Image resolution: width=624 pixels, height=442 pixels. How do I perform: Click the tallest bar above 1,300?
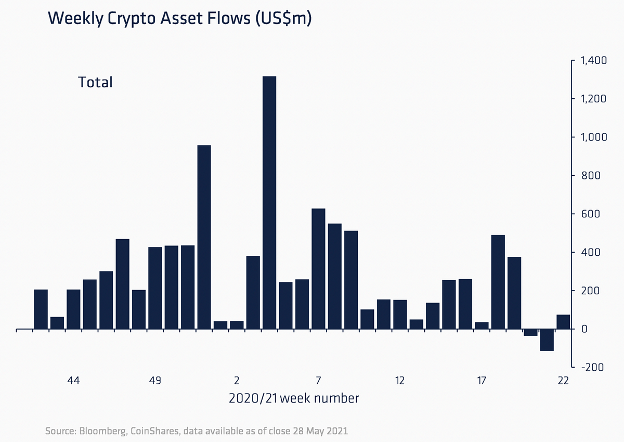pos(269,203)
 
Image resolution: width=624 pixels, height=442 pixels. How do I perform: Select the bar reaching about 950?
pos(204,237)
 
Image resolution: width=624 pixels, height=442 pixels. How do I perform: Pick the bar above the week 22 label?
pos(563,322)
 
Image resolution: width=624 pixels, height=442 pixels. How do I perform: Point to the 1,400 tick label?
pos(592,61)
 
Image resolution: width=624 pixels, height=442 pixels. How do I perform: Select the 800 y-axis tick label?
pos(591,176)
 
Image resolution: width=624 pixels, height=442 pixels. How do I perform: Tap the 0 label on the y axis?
pos(584,329)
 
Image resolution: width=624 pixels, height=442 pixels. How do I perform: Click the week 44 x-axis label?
pos(73,381)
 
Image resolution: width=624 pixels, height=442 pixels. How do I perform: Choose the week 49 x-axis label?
pos(155,381)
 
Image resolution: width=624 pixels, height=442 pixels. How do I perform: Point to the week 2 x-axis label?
pos(237,381)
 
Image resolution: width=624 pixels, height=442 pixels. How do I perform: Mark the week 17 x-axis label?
pos(482,381)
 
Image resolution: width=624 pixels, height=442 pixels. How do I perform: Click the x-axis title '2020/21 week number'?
pos(294,399)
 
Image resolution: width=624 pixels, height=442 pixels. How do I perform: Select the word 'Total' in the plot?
pos(95,82)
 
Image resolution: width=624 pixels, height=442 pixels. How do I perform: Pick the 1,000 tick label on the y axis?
pos(592,137)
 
